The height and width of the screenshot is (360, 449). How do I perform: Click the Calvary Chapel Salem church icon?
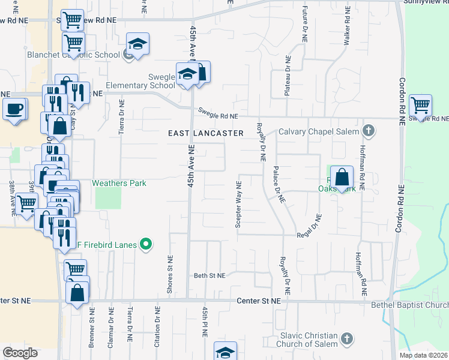[369, 131]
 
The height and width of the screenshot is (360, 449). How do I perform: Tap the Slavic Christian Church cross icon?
[345, 340]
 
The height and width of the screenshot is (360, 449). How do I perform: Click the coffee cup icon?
[14, 109]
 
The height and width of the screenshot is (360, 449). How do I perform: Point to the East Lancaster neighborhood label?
[205, 133]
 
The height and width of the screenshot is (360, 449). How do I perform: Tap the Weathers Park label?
[119, 183]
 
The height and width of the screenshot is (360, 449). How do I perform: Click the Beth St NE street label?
[209, 275]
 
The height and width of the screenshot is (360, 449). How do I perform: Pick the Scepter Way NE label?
[238, 205]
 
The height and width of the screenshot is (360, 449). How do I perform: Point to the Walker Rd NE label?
[347, 27]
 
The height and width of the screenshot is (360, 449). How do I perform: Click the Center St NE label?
[259, 301]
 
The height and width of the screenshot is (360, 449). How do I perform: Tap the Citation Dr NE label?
[158, 325]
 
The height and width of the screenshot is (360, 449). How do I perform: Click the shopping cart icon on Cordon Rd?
[420, 105]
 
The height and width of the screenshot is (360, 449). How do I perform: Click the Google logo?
[20, 353]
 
